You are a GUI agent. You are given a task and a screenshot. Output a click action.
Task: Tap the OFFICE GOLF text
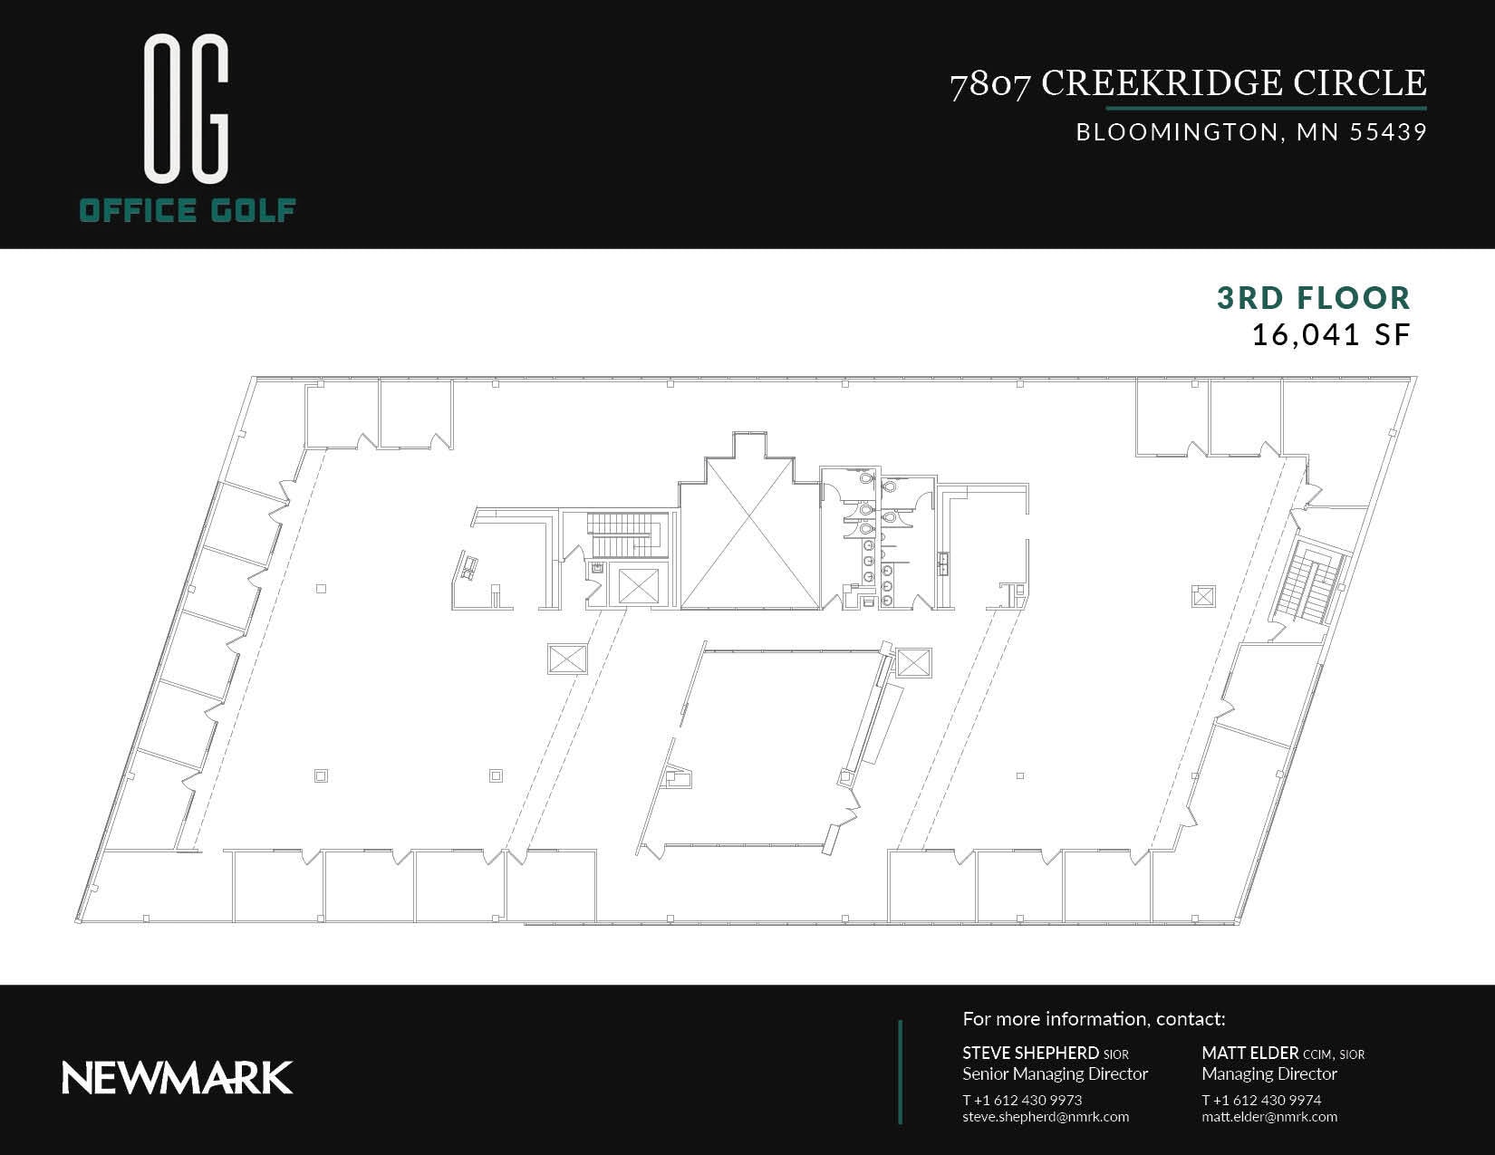[188, 211]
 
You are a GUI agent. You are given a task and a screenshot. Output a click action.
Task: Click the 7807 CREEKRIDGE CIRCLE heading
[1188, 83]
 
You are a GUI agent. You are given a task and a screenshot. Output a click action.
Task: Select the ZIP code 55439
[1388, 132]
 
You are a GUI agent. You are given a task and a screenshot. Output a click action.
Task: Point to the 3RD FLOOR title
[1313, 298]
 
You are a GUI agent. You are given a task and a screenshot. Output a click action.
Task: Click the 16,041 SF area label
[1330, 335]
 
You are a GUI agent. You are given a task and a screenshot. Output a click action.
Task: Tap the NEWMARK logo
[178, 1078]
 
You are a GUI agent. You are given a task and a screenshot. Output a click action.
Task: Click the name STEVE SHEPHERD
[1030, 1053]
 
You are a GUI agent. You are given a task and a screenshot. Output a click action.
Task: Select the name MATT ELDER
[1249, 1053]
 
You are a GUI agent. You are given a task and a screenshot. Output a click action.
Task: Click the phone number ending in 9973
[1022, 1100]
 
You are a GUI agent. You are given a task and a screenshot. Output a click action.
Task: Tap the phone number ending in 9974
[1261, 1100]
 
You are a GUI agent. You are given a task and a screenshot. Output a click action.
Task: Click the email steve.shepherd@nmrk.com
[1046, 1117]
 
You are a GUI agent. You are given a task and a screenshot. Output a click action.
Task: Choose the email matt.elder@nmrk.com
[1269, 1117]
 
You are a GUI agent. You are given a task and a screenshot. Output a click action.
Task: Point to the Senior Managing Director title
[1055, 1074]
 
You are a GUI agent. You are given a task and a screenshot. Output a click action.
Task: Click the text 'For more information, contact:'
[1094, 1019]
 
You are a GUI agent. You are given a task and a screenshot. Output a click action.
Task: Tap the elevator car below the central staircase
[638, 585]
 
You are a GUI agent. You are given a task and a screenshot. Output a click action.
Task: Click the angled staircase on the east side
[1309, 582]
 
